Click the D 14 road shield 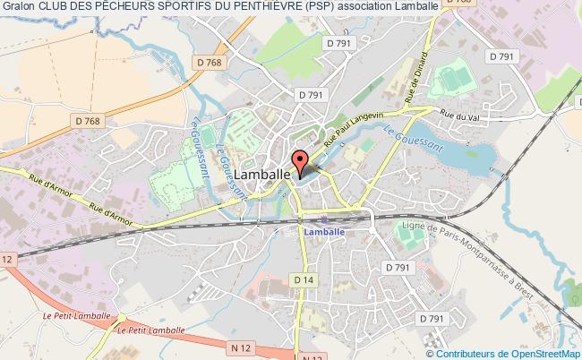pos(303,280)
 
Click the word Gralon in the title pos(17,6)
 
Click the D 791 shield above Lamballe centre pos(311,94)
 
